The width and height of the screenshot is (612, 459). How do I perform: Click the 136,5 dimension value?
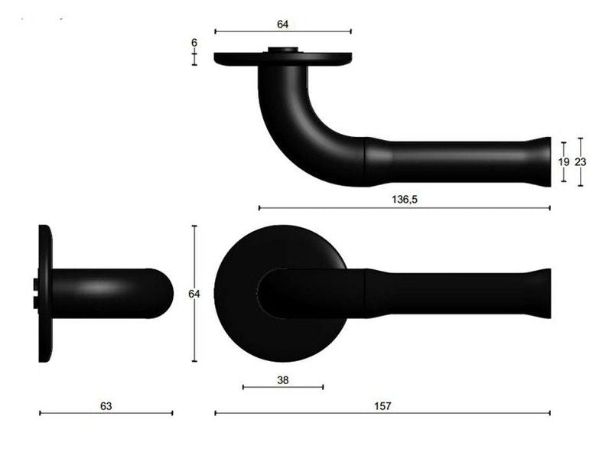pos(405,200)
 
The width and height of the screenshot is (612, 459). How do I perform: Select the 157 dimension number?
pos(382,406)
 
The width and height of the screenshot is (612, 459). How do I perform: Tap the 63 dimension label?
pos(106,406)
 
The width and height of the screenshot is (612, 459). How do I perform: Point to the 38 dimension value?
pos(283,379)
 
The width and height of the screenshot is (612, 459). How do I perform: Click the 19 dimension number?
pos(564,161)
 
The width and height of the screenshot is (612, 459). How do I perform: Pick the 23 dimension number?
pos(581,161)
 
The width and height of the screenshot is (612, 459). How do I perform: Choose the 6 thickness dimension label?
pos(194,43)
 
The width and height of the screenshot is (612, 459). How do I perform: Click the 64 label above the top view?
pos(282,24)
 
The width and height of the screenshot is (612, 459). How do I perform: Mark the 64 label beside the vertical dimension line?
pos(194,294)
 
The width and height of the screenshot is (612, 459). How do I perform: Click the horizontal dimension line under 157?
pos(382,413)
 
